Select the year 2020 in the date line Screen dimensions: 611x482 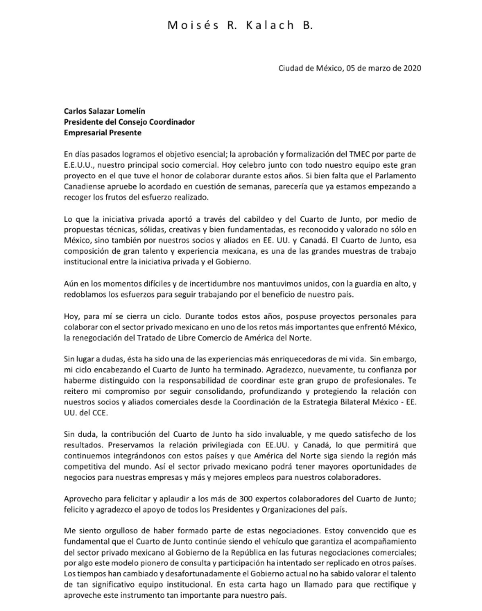tap(410, 68)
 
